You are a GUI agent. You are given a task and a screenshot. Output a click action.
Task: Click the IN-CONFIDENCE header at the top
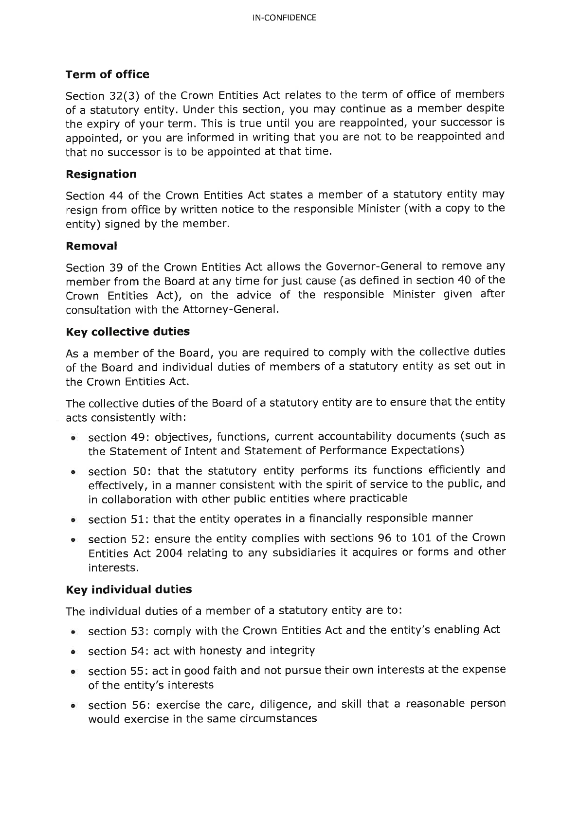coord(285,18)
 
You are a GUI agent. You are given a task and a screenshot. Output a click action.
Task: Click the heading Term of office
coord(108,74)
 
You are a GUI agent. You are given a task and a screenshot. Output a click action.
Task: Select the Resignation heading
coord(101,174)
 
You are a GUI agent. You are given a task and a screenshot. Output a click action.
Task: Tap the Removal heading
coord(91,246)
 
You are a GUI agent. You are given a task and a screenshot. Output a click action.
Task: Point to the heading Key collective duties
coord(127,332)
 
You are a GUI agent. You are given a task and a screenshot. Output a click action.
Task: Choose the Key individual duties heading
coord(129,589)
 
